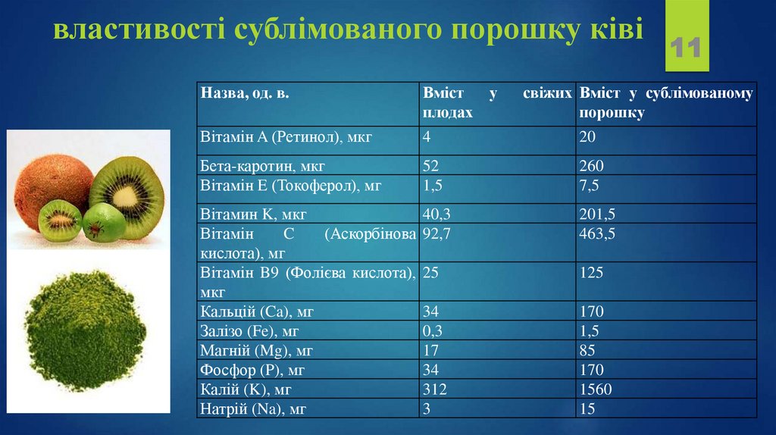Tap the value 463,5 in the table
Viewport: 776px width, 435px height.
click(597, 233)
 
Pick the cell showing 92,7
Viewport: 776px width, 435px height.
click(436, 233)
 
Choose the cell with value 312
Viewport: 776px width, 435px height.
click(435, 390)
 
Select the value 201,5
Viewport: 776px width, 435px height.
click(597, 214)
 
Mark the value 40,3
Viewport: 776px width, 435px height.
click(436, 214)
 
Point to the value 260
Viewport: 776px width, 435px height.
click(591, 165)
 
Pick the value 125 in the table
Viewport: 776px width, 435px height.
click(591, 272)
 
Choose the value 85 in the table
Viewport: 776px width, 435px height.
click(587, 350)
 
